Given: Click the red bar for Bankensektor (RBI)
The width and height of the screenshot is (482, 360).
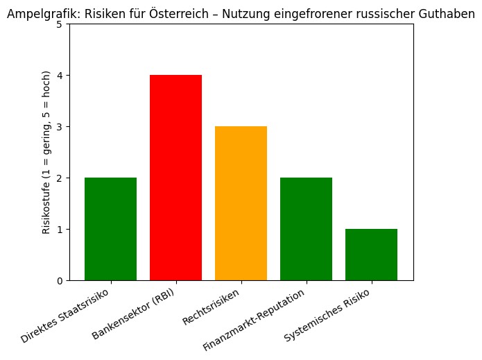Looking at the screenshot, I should (x=175, y=178).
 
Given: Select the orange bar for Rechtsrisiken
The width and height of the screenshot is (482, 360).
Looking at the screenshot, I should (x=241, y=203).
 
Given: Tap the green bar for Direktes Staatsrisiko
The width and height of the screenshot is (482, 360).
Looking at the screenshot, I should (x=110, y=229).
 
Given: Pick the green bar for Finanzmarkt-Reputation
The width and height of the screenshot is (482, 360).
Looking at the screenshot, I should (x=306, y=229).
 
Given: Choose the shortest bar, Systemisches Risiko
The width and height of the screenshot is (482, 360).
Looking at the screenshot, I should (x=371, y=255).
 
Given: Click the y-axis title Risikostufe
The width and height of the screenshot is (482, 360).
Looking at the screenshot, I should (x=46, y=153).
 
